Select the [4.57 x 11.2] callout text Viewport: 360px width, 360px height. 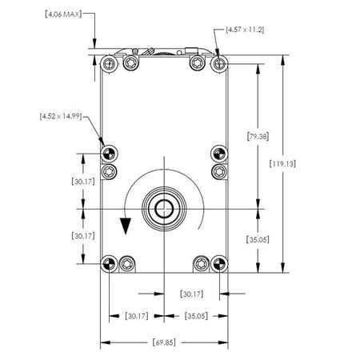click(x=244, y=29)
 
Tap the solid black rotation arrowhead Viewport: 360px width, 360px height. click(x=125, y=226)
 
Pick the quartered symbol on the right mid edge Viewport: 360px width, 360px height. click(x=217, y=153)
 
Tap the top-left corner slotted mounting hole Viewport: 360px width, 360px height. click(x=108, y=63)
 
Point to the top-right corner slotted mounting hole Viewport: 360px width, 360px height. click(x=218, y=63)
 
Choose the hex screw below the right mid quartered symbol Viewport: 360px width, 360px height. click(x=216, y=170)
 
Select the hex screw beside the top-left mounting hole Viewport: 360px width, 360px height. click(x=129, y=63)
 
